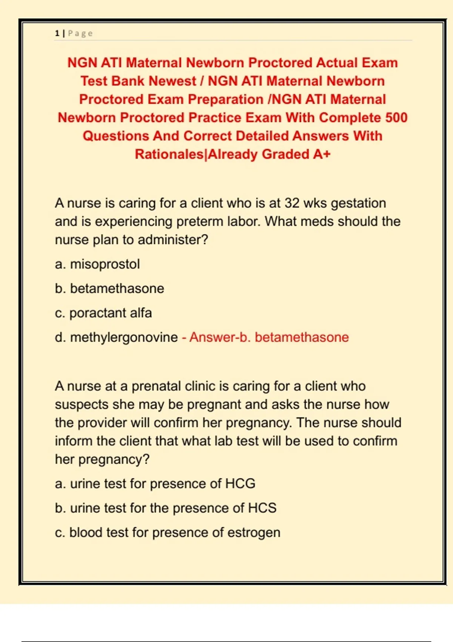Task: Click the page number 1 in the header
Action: tap(57, 33)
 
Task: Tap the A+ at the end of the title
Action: tap(322, 154)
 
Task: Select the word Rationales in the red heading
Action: tap(169, 154)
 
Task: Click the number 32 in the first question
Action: tap(292, 203)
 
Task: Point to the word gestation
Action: tap(358, 203)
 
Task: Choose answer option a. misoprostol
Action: tap(97, 264)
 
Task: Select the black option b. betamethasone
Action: tap(109, 289)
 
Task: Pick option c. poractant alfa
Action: tap(103, 313)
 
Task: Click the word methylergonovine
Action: tap(124, 337)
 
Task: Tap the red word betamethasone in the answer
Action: tap(302, 337)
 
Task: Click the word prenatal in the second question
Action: tap(156, 386)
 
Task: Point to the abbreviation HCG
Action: tap(240, 483)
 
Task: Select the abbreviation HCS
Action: tap(262, 508)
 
